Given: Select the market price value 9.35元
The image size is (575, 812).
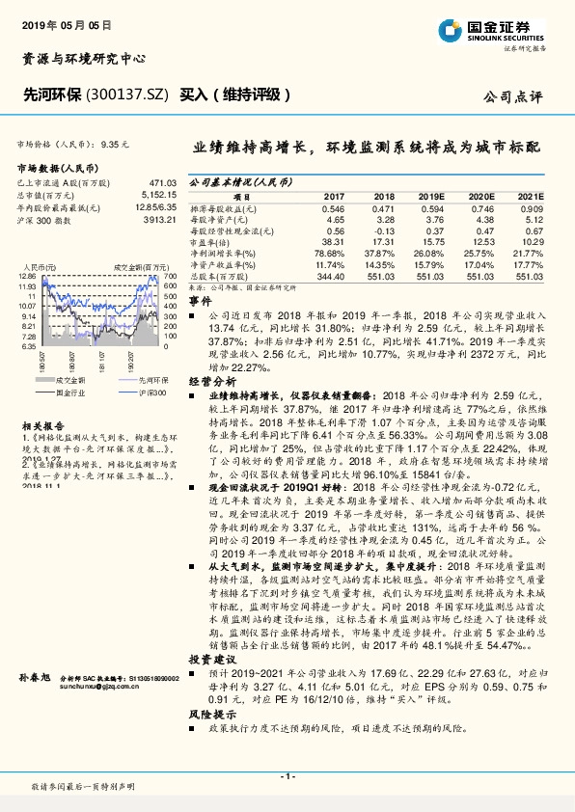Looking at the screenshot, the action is point(113,143).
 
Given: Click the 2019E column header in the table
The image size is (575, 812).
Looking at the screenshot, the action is point(430,195).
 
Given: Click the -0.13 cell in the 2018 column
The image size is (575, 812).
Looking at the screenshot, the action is point(384,230).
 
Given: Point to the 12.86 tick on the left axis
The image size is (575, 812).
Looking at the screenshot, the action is point(26,276).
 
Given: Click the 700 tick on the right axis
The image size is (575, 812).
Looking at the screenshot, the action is point(170,276).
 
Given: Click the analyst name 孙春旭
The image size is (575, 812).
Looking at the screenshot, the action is point(32,679).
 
